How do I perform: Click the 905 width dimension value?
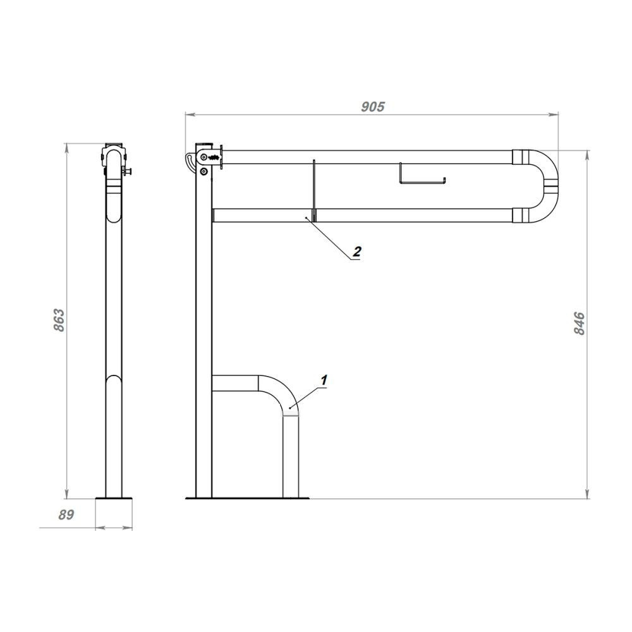373,107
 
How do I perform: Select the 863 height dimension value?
59,320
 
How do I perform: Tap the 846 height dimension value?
579,323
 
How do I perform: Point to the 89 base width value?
66,514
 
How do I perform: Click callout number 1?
324,380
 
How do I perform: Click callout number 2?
356,252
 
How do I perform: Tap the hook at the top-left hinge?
190,161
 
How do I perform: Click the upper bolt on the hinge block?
204,157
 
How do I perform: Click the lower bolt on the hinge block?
204,172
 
